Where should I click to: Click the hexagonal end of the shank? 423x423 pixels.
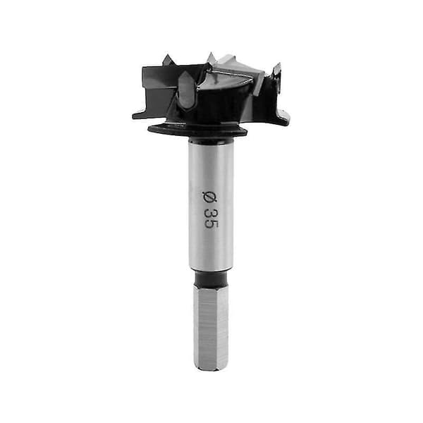coord(211,327)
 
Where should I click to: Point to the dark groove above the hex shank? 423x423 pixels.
coord(211,277)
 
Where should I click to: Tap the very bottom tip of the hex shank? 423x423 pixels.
coord(211,370)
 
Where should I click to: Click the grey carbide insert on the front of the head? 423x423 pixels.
coord(186,90)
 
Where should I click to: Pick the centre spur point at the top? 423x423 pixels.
coord(211,57)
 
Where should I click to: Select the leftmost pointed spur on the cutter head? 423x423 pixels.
coord(168,59)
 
